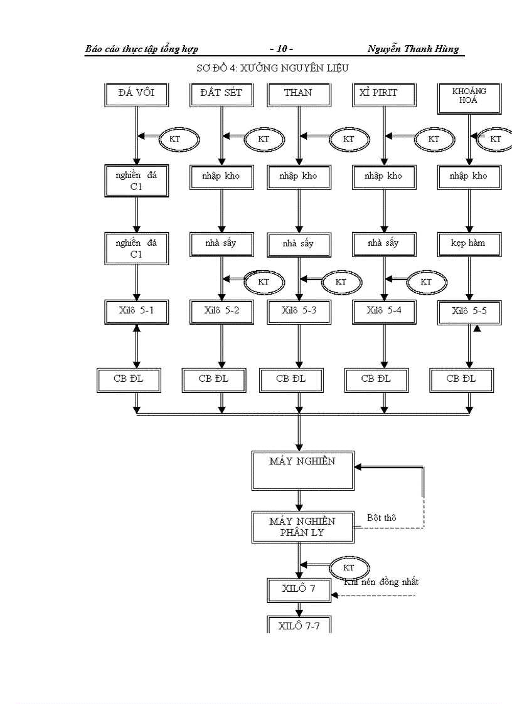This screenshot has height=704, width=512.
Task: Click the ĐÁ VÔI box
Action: click(x=136, y=94)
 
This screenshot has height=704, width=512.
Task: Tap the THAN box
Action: click(x=298, y=94)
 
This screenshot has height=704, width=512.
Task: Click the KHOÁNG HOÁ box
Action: click(x=469, y=97)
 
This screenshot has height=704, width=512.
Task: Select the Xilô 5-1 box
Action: click(x=136, y=311)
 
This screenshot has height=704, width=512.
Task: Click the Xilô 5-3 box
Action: click(x=299, y=311)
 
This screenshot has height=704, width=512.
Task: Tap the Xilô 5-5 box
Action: click(x=469, y=312)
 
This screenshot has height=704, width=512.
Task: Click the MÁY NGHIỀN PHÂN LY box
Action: click(x=302, y=527)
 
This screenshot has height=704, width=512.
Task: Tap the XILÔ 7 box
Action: click(x=299, y=589)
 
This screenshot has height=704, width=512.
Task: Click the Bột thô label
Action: click(x=381, y=518)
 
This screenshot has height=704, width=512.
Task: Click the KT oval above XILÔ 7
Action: click(x=349, y=567)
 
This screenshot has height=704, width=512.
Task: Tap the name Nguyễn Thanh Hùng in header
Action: click(x=413, y=49)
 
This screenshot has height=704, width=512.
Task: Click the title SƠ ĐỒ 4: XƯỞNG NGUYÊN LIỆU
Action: click(x=272, y=67)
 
